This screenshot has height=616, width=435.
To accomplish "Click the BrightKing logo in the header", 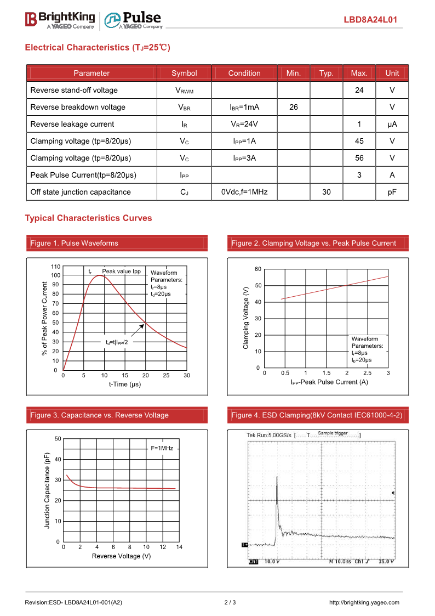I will click(60, 20).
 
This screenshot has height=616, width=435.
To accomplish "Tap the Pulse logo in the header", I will click(134, 20).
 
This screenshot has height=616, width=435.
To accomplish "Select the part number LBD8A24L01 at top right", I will click(370, 20).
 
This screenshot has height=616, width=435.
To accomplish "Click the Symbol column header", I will click(184, 73).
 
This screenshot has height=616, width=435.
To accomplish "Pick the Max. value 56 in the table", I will click(359, 158).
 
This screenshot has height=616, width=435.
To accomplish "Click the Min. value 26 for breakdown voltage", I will click(294, 107).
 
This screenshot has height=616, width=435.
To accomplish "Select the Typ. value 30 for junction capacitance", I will click(327, 192).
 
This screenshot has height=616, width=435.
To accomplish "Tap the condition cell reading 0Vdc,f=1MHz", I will click(244, 192).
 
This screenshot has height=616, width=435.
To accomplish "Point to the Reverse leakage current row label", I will click(72, 124).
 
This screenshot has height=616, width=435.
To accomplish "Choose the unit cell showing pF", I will click(392, 192).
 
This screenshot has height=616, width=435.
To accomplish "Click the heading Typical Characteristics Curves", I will click(88, 218).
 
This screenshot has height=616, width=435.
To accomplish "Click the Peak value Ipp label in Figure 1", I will click(122, 271).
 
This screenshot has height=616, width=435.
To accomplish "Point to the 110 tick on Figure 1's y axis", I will click(55, 266).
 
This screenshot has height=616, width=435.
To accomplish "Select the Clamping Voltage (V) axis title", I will click(246, 318).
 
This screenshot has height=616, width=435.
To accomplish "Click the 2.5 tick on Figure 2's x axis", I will click(368, 373).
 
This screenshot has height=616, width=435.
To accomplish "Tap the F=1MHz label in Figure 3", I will click(162, 448).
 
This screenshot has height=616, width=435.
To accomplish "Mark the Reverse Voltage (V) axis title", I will click(122, 556).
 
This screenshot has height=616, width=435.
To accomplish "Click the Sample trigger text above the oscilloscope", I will click(333, 433).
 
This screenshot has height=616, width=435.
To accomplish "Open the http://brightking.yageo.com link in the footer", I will click(364, 603).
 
